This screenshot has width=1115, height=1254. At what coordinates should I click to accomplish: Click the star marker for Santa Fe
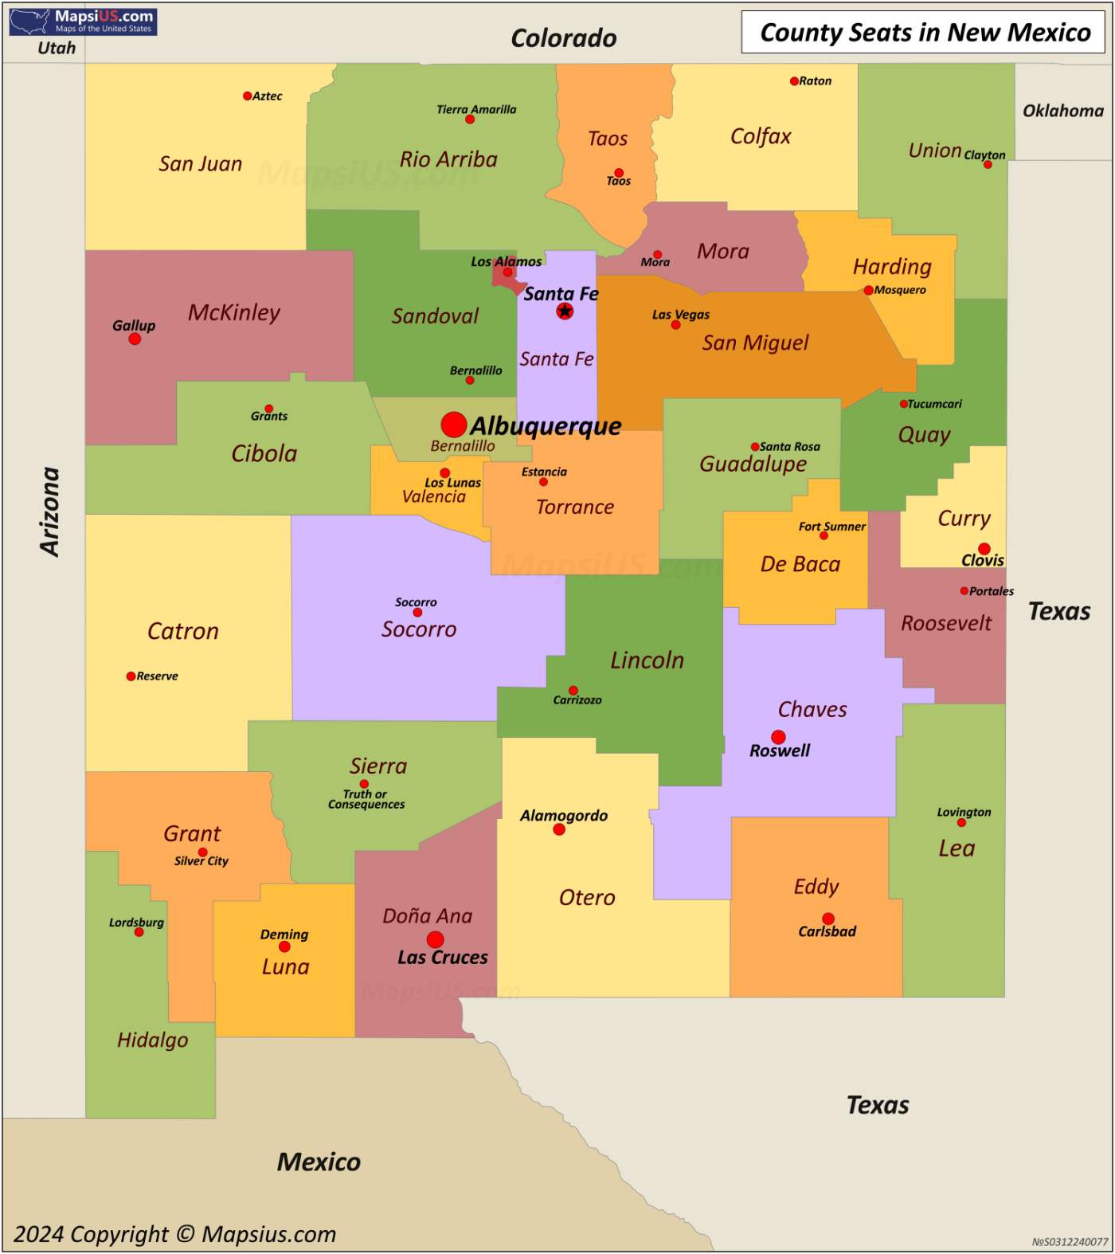click(x=565, y=311)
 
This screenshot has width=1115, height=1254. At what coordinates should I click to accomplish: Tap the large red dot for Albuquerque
click(x=454, y=425)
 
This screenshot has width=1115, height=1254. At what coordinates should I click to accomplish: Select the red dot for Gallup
click(x=135, y=339)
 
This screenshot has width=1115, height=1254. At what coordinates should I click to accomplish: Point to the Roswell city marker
click(x=778, y=737)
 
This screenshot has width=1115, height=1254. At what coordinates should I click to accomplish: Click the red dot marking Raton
click(x=794, y=81)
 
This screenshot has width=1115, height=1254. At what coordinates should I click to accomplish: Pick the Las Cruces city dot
click(x=435, y=940)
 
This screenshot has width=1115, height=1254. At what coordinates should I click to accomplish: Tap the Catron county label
click(x=183, y=631)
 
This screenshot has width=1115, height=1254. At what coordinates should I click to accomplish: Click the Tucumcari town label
click(x=934, y=404)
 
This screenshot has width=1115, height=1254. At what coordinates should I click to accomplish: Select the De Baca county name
click(x=800, y=564)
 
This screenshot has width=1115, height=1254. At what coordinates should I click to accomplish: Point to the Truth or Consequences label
click(x=366, y=799)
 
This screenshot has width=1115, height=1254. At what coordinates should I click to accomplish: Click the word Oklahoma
click(x=1063, y=111)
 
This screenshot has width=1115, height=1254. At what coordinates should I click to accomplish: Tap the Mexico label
click(x=319, y=1162)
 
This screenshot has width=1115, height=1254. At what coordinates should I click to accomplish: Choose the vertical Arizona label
click(x=50, y=511)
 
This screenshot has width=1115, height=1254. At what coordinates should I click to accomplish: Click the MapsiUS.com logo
click(x=83, y=22)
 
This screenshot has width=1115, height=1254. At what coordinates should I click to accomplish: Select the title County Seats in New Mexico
click(x=925, y=33)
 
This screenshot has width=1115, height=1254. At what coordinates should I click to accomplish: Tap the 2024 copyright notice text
click(x=175, y=1234)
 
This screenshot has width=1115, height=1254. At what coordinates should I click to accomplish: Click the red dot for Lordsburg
click(x=139, y=932)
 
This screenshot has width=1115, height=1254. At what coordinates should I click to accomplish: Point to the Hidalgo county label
click(x=153, y=1040)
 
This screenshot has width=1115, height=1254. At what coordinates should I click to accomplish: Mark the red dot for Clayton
click(x=988, y=165)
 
